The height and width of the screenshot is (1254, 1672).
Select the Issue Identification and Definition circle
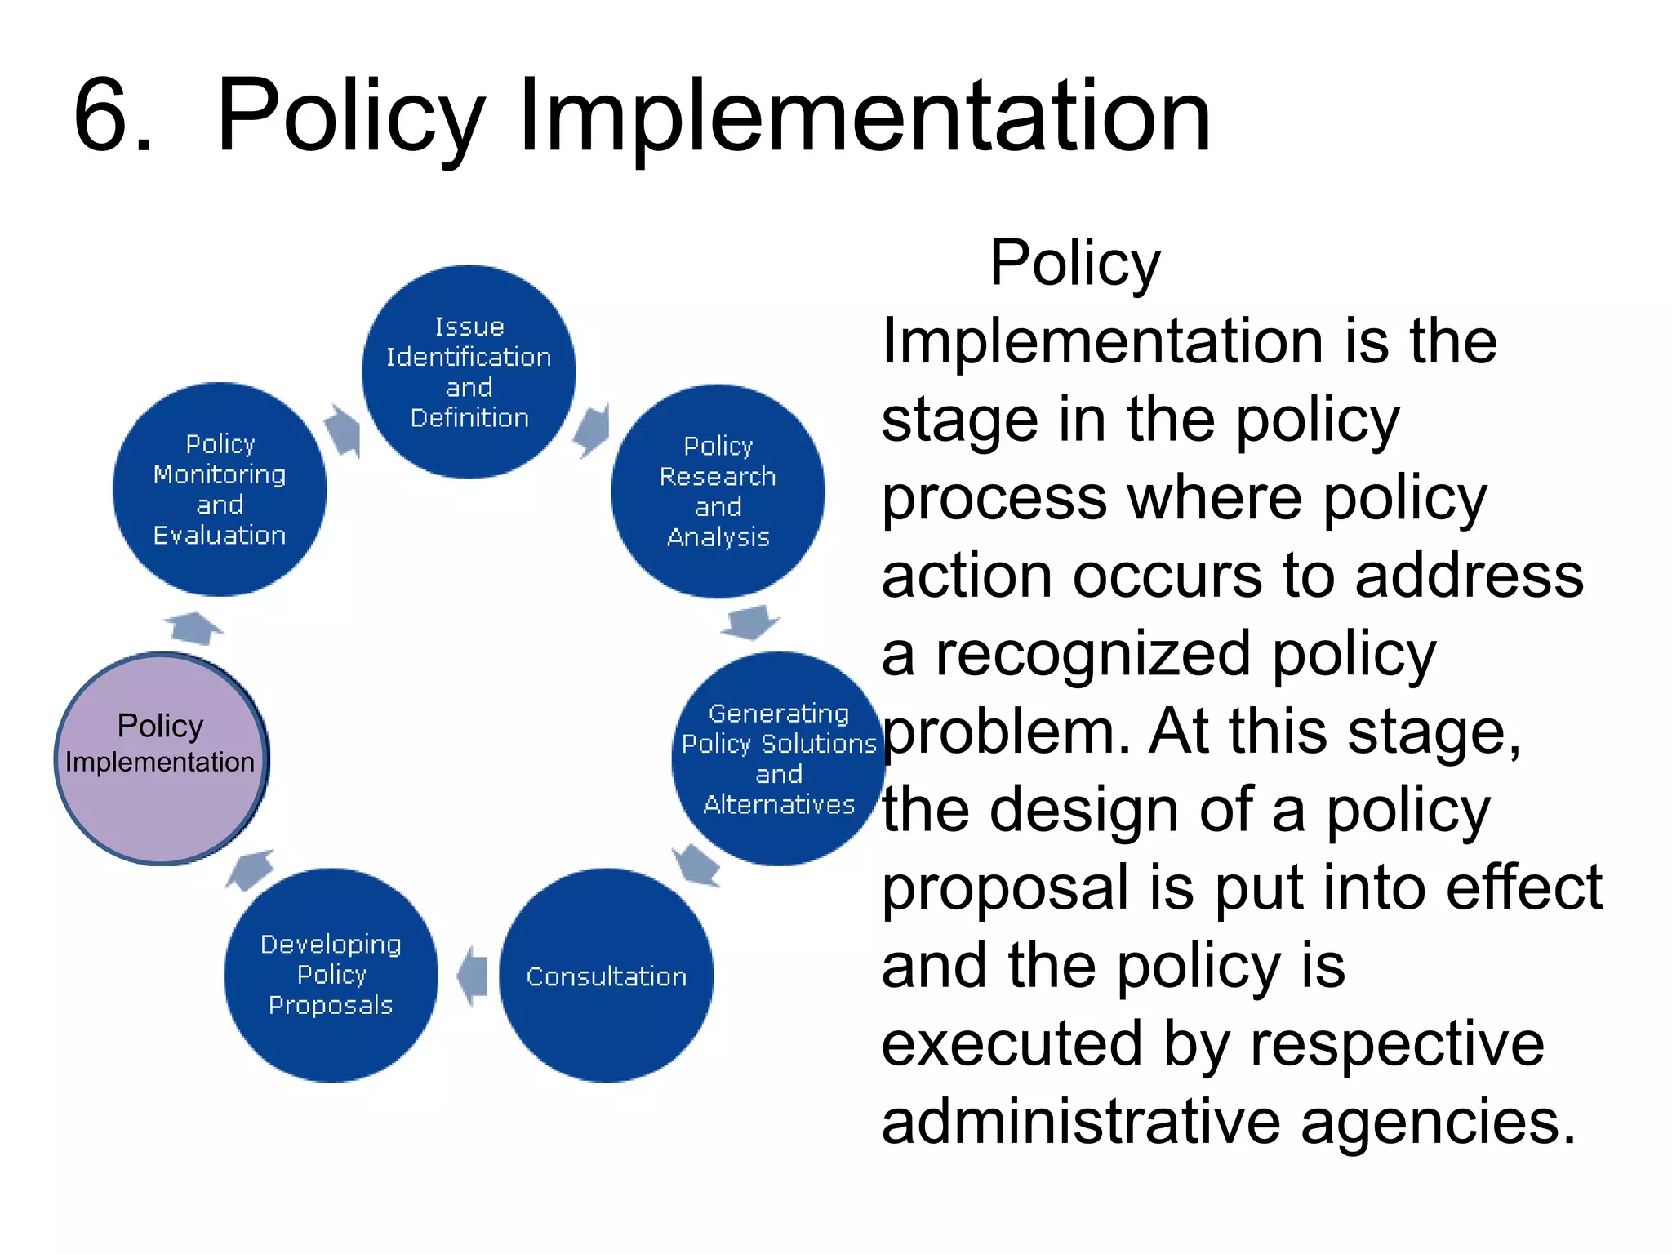click(x=469, y=371)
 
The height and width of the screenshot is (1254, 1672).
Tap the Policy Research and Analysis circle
click(x=718, y=491)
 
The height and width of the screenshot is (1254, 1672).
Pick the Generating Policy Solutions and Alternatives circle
click(x=777, y=758)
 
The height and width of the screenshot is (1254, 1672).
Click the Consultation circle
click(x=606, y=976)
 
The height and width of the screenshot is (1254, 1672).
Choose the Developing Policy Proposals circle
click(x=331, y=975)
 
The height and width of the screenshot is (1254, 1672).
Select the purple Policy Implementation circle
click(x=161, y=758)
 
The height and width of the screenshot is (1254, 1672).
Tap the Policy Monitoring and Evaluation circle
click(x=220, y=489)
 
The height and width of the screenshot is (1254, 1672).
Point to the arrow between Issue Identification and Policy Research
click(x=592, y=429)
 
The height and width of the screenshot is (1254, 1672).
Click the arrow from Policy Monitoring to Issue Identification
click(x=344, y=430)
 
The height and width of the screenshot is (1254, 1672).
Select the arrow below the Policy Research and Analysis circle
click(x=750, y=622)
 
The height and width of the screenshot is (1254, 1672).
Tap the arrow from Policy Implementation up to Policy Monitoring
click(x=193, y=627)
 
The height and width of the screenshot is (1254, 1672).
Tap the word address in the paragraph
click(x=1469, y=576)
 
